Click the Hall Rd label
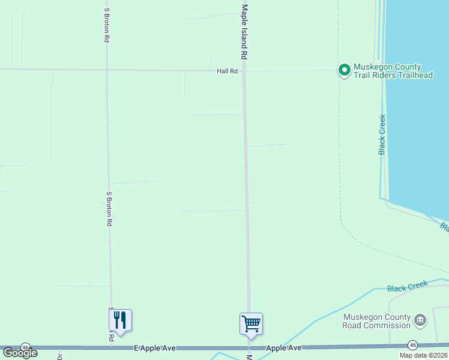228,71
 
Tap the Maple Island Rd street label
244,31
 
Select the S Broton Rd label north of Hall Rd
106,25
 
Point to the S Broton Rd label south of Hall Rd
109,208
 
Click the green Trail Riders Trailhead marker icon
345,71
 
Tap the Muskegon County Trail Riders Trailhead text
393,71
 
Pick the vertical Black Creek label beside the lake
382,134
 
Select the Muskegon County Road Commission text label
376,322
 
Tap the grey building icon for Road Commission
421,320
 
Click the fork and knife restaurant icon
120,320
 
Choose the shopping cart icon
251,323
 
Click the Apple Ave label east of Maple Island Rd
283,348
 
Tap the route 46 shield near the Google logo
25,347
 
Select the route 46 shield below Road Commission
412,345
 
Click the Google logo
19,353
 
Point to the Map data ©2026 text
422,355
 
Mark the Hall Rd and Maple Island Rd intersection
244,71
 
